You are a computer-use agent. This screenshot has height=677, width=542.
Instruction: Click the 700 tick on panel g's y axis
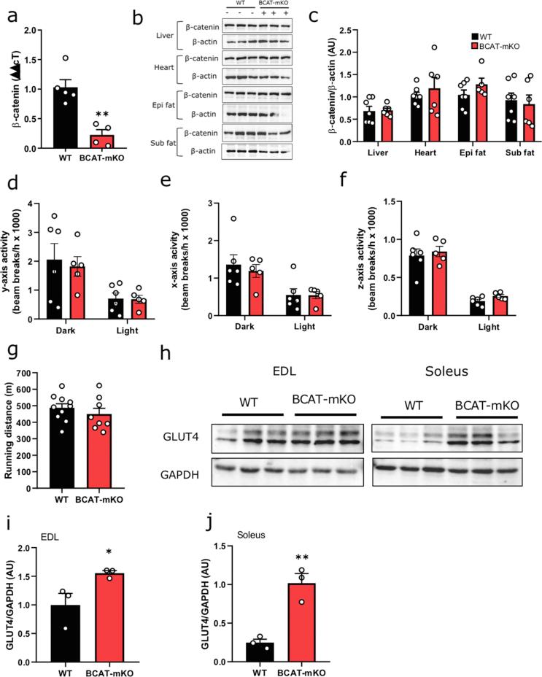tap(31, 374)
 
